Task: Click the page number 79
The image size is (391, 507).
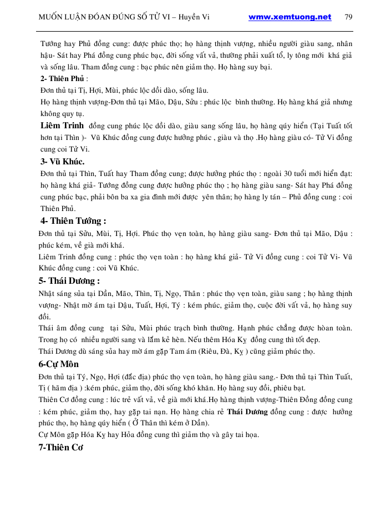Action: click(348, 17)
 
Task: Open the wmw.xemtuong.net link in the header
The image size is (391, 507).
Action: click(290, 17)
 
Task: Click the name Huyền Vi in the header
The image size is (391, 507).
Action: click(199, 17)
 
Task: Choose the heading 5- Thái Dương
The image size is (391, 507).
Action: click(69, 280)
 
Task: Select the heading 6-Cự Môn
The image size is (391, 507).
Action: click(59, 364)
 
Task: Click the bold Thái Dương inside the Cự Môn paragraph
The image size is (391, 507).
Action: click(247, 412)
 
